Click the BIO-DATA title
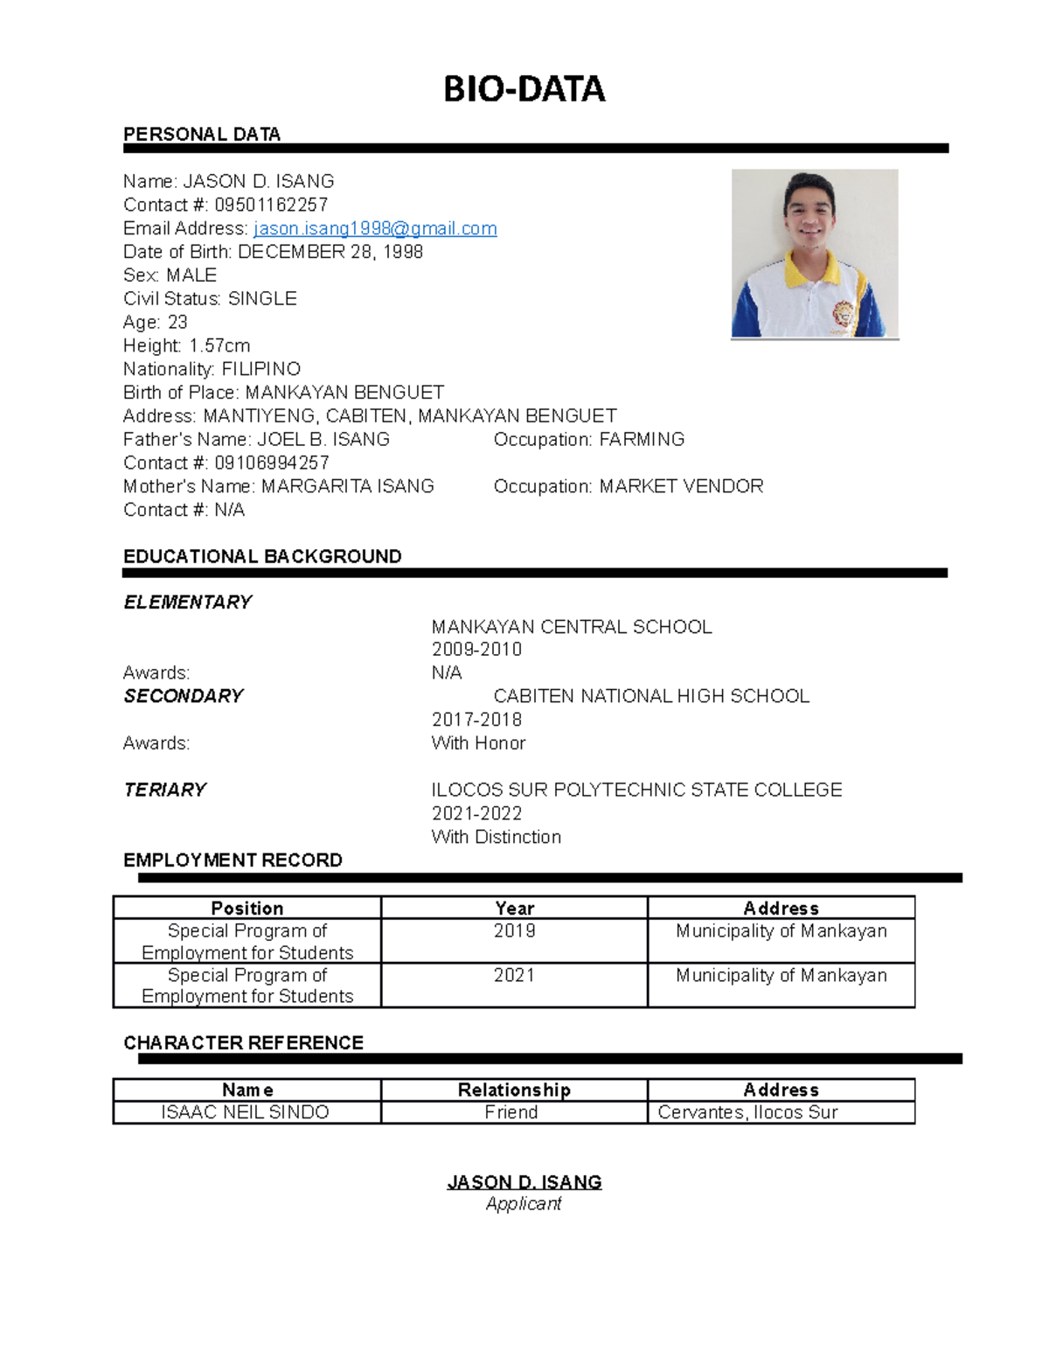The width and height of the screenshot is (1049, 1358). pyautogui.click(x=524, y=89)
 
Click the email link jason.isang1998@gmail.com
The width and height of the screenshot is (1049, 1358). pyautogui.click(x=375, y=229)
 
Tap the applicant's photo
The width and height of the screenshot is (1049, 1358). pyautogui.click(x=815, y=254)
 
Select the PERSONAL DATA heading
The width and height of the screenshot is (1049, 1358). pyautogui.click(x=202, y=135)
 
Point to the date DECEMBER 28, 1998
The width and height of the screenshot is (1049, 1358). pyautogui.click(x=330, y=252)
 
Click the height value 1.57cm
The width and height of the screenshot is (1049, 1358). pyautogui.click(x=219, y=346)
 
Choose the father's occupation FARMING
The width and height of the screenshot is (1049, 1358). pyautogui.click(x=642, y=440)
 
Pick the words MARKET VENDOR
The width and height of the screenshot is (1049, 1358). pyautogui.click(x=681, y=486)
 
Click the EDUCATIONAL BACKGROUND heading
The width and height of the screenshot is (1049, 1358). pyautogui.click(x=262, y=557)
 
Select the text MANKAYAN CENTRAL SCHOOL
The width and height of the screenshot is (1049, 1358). pyautogui.click(x=572, y=627)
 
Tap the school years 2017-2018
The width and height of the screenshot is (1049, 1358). pyautogui.click(x=476, y=720)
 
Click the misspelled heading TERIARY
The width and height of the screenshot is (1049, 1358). pyautogui.click(x=165, y=790)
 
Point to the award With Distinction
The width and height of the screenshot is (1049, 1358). pyautogui.click(x=496, y=837)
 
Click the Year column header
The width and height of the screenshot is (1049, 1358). pyautogui.click(x=514, y=909)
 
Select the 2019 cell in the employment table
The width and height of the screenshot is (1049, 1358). pyautogui.click(x=514, y=931)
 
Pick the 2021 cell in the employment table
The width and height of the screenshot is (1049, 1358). pyautogui.click(x=514, y=976)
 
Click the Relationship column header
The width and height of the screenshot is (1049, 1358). pyautogui.click(x=514, y=1090)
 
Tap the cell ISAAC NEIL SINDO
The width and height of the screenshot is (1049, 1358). pyautogui.click(x=246, y=1112)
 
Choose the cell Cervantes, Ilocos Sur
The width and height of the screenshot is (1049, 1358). pyautogui.click(x=747, y=1112)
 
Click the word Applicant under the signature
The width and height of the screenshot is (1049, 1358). pyautogui.click(x=524, y=1204)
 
